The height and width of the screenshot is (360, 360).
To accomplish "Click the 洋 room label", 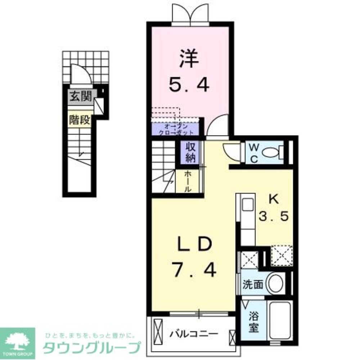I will tap(189, 60).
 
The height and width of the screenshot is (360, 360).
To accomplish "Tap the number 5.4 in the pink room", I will tap(189, 85).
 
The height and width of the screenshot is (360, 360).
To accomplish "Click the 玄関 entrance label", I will tap(80, 96).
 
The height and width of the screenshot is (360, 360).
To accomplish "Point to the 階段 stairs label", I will tap(80, 120).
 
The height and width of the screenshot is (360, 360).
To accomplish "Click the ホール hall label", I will tap(188, 181).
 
